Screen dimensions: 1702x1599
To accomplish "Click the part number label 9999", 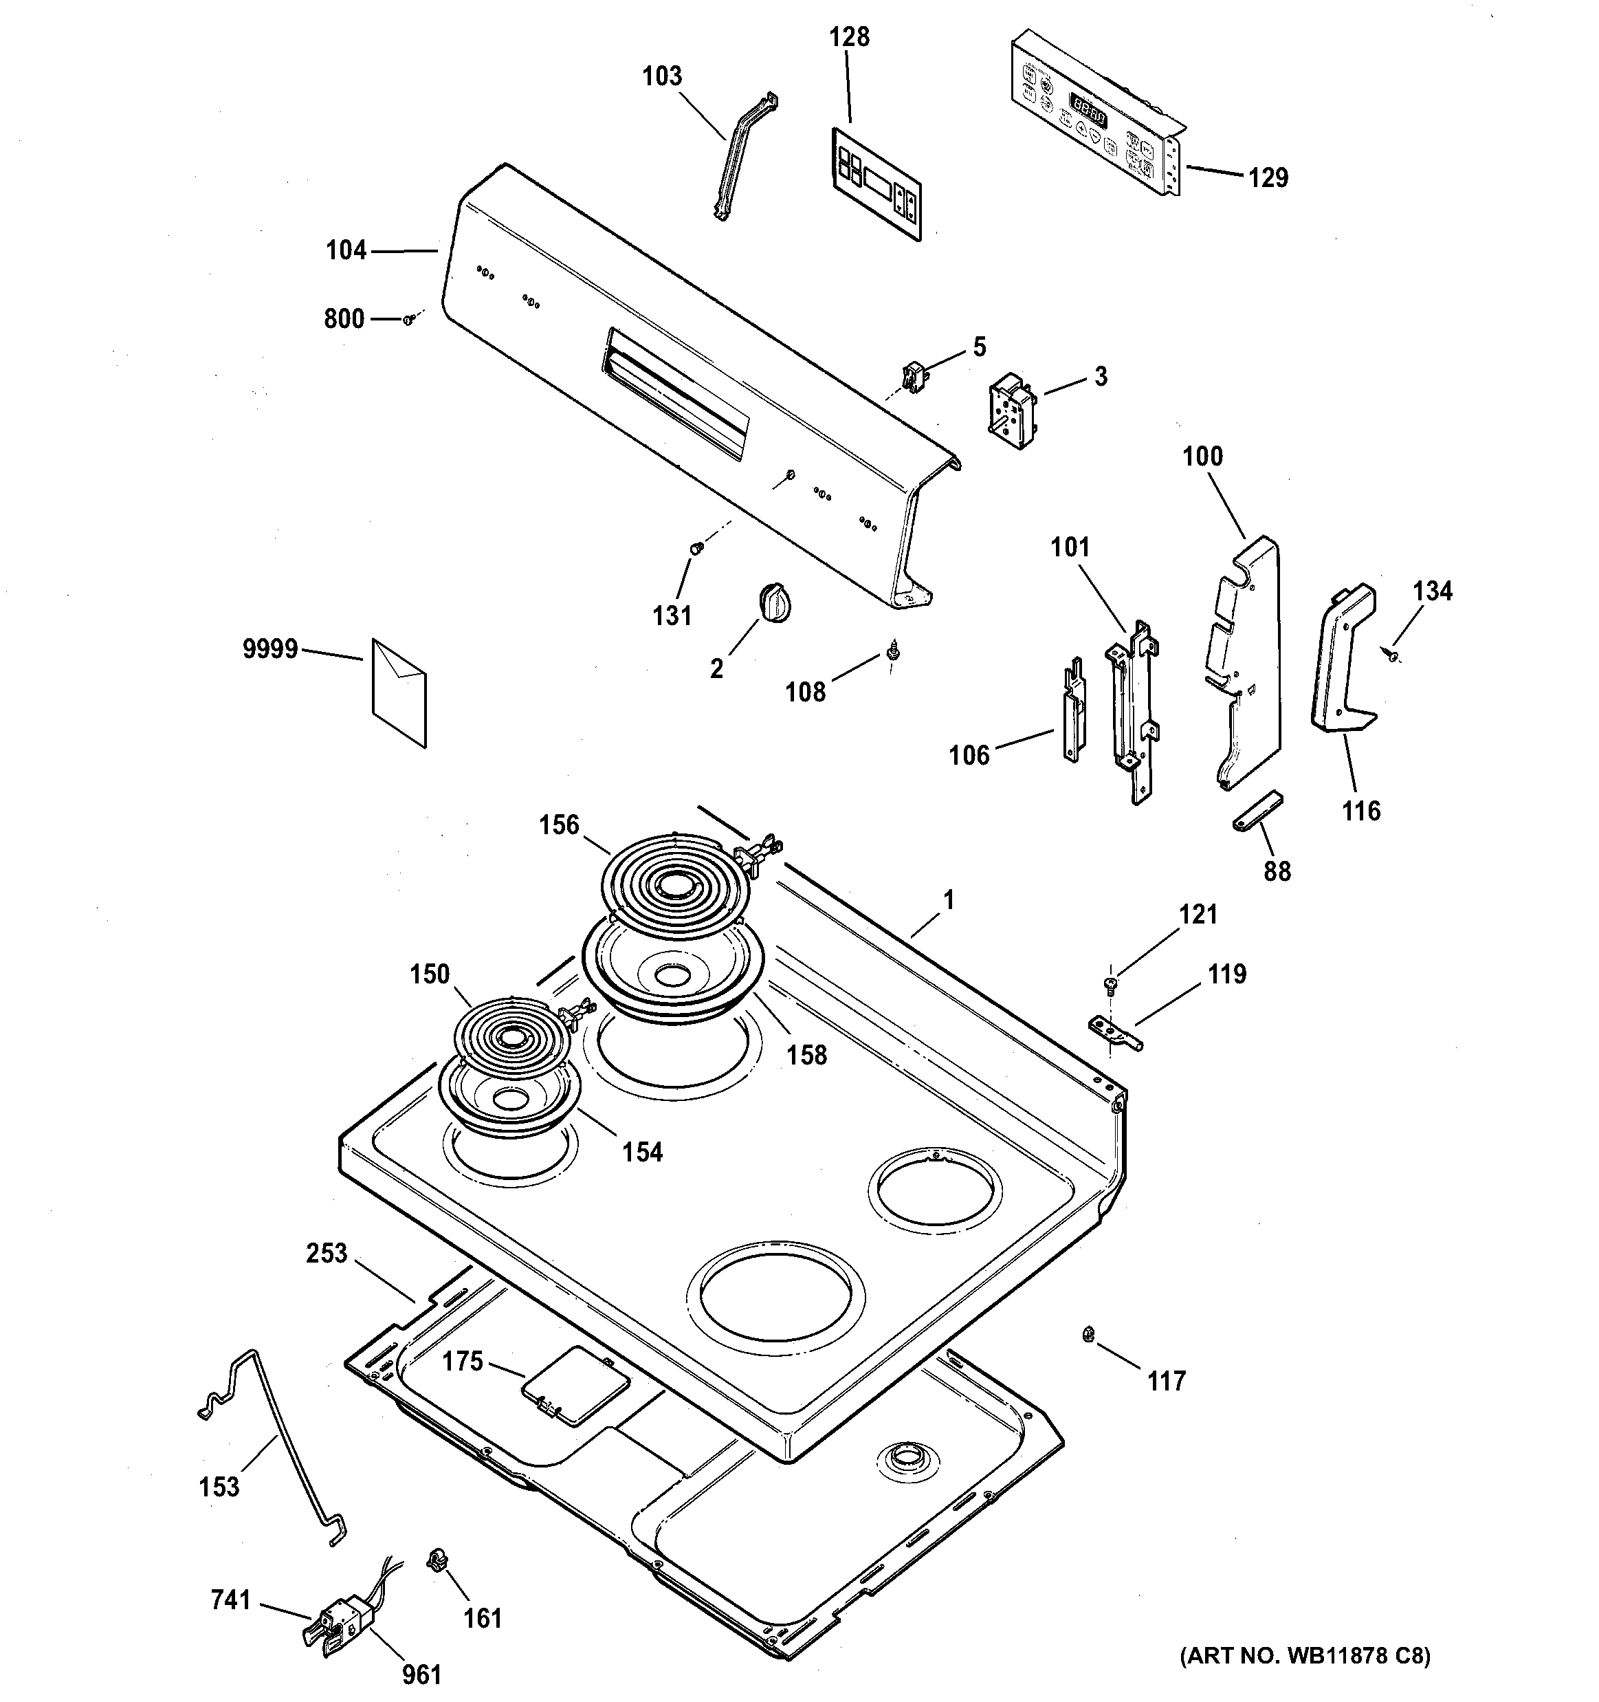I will (x=269, y=649).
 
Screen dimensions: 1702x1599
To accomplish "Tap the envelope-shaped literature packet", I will (x=399, y=692).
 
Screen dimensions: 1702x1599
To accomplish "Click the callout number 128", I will (x=848, y=37).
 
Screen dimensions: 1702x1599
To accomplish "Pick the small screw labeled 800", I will (x=409, y=318).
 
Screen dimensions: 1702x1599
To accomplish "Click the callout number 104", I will (x=346, y=250).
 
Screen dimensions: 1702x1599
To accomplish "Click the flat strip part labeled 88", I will (x=1258, y=810).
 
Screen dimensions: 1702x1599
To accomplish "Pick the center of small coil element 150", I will (x=511, y=1038).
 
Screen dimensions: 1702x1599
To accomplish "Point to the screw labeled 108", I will (x=894, y=653).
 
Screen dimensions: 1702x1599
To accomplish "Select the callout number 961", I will (x=421, y=1674).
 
